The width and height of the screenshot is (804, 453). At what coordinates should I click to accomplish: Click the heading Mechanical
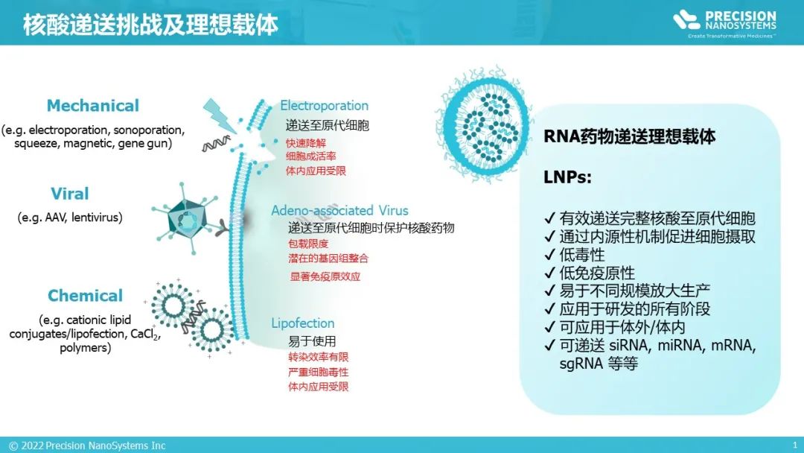tap(93, 106)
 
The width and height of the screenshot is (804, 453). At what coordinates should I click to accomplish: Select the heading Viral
tap(70, 194)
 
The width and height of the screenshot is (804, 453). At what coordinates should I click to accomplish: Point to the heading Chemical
tap(86, 296)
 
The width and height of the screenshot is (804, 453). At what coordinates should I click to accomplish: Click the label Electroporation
tap(324, 106)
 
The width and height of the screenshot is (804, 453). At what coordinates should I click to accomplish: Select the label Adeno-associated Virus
tap(339, 210)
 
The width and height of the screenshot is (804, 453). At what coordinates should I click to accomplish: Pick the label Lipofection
tap(302, 323)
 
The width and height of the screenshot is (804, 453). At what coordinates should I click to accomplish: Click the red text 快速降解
tap(305, 142)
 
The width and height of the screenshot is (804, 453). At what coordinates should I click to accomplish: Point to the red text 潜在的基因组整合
tap(328, 259)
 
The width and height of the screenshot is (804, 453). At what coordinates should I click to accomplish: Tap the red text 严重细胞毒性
tap(318, 372)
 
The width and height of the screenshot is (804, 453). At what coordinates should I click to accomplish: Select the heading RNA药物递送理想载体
tap(630, 137)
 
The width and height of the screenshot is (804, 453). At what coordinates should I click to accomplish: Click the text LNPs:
tap(569, 179)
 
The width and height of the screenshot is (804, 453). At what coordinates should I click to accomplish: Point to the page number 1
tap(794, 446)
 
